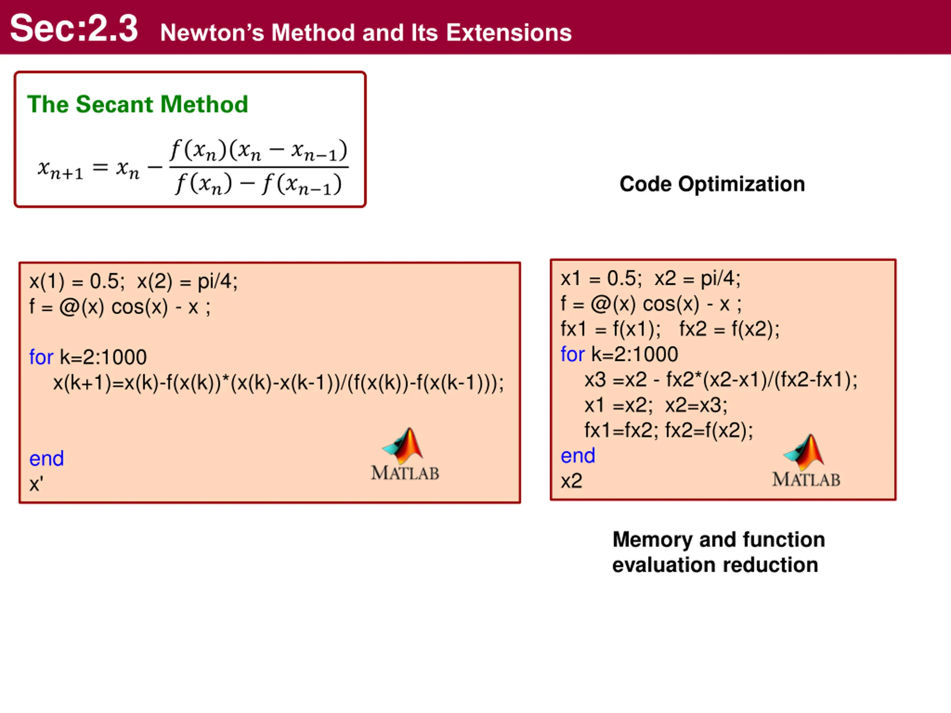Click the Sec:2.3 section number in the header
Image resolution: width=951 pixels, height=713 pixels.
point(74,28)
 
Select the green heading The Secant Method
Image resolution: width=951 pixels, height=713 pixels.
point(137,104)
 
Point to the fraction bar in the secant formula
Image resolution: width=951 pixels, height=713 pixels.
point(259,167)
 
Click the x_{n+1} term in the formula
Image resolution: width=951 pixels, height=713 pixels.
point(60,169)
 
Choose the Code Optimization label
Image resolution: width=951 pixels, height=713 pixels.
point(712,184)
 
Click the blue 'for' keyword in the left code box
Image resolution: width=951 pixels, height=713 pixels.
point(41,357)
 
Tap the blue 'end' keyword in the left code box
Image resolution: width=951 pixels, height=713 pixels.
point(46,459)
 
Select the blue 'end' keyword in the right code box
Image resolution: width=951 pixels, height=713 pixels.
point(578,456)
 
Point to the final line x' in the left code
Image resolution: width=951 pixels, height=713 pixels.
point(36,484)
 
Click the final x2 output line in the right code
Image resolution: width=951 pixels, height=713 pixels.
point(571,481)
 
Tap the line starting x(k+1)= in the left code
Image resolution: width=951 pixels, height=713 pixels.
point(278,382)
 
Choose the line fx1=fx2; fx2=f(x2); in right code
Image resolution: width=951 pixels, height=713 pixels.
point(669,430)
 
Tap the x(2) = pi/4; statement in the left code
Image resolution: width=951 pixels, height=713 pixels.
point(187,281)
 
